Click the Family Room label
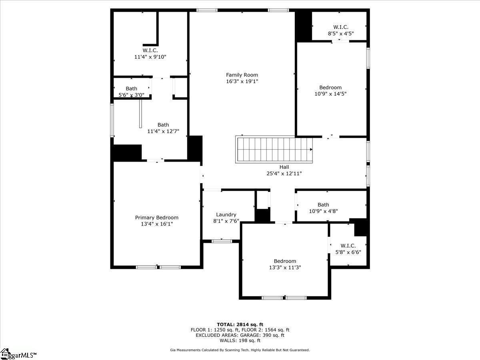click(242, 75)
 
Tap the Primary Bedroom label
click(156, 218)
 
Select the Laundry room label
click(226, 214)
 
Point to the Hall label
click(284, 167)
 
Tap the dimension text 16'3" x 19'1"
click(242, 81)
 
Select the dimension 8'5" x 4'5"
click(341, 34)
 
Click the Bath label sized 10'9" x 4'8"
click(323, 205)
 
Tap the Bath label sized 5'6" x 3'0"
click(131, 88)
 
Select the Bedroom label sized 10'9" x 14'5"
click(330, 88)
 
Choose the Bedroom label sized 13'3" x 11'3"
click(285, 261)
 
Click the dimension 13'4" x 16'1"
click(156, 224)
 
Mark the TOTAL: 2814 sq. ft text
click(240, 324)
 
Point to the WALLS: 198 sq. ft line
click(240, 341)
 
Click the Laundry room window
click(222, 241)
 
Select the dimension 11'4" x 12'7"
click(163, 131)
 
